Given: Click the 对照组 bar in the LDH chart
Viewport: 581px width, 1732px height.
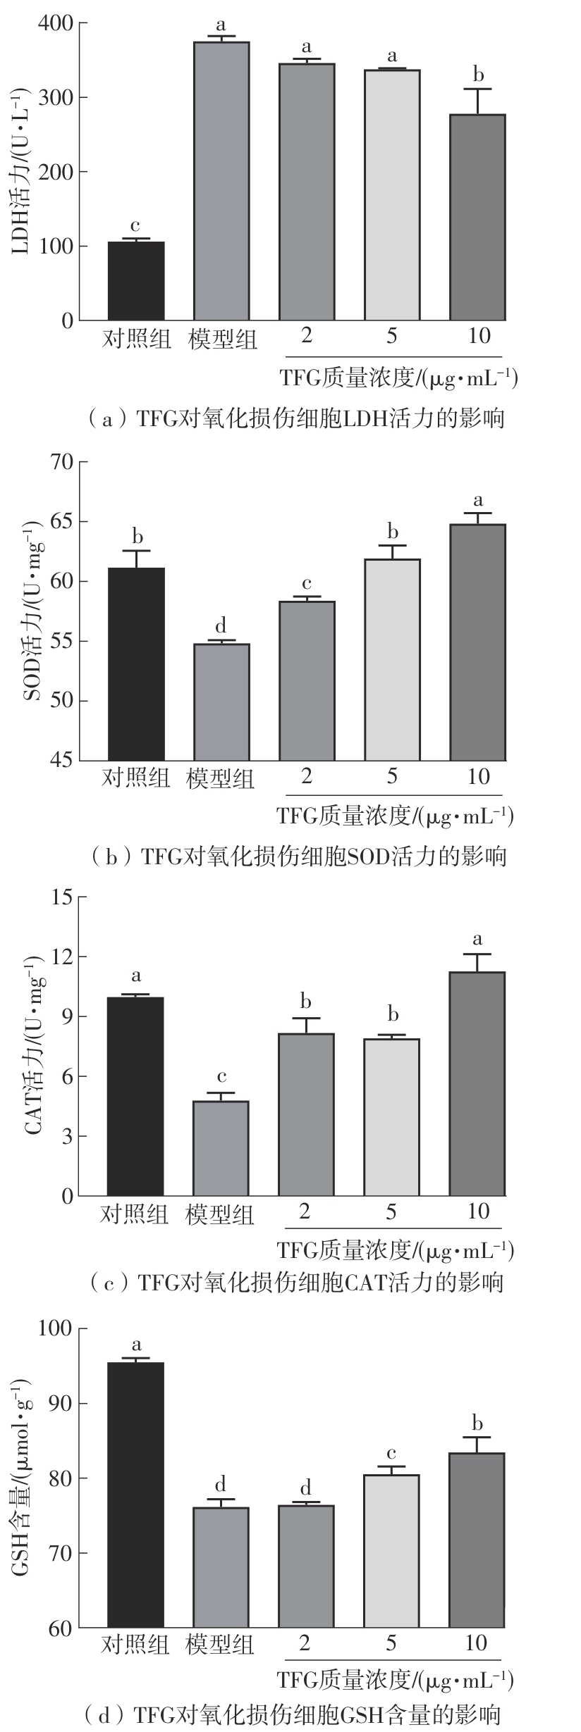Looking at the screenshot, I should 136,281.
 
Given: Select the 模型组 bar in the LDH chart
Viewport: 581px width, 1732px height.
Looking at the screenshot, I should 221,181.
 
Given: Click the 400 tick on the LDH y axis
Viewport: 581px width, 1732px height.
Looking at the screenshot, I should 58,24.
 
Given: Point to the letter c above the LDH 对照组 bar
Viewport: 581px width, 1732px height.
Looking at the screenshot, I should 135,227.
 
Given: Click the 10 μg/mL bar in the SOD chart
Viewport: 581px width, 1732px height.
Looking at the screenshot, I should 478,642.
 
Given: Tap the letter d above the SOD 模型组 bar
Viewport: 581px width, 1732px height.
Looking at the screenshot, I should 221,625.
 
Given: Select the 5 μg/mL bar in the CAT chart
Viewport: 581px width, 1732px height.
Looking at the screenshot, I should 392,1116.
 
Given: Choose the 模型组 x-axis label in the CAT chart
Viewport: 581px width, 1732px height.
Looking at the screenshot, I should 220,1214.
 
